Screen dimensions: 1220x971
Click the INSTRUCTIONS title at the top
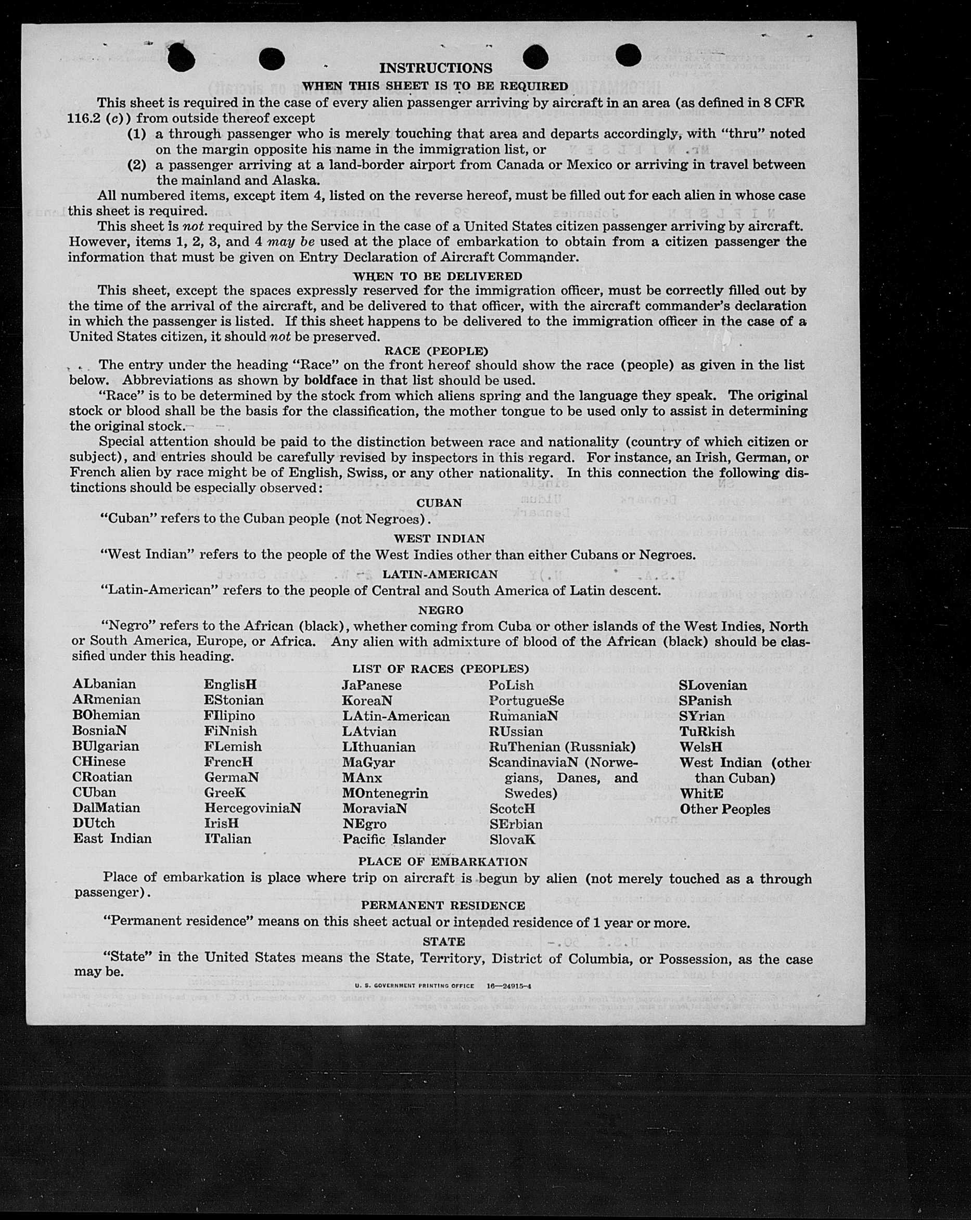[x=436, y=68]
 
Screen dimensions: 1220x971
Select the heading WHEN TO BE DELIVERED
[x=438, y=276]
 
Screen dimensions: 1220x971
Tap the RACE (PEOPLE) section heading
[x=436, y=351]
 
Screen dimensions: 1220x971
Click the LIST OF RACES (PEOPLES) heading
[x=440, y=669]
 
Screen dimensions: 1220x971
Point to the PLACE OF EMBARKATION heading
[x=442, y=862]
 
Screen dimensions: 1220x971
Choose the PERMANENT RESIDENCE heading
[x=443, y=905]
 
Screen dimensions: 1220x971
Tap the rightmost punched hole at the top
[x=628, y=56]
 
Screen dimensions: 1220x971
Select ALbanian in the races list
[x=105, y=684]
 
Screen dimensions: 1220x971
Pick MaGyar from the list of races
[x=368, y=762]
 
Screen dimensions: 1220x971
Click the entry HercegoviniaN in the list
[x=252, y=808]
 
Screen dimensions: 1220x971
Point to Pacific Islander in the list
[x=394, y=839]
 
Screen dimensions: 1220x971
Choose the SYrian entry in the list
[x=702, y=716]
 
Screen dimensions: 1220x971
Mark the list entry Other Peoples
[x=725, y=809]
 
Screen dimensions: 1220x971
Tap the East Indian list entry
[x=112, y=839]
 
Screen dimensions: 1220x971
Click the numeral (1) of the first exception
[x=136, y=134]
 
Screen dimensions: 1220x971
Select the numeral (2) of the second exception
[x=136, y=165]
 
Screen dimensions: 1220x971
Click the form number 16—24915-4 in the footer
[x=509, y=986]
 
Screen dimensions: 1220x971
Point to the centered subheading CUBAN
[x=439, y=503]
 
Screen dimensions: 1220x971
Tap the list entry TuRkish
[x=707, y=731]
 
